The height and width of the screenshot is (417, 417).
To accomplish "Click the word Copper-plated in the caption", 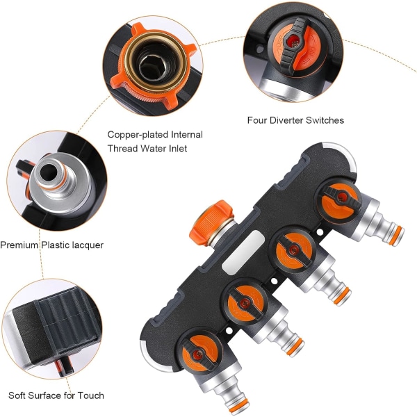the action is (138, 135).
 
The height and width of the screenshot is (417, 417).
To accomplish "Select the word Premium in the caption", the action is (19, 245).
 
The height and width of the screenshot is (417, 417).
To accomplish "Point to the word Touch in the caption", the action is (90, 395).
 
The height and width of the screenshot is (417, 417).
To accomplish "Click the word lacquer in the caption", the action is (88, 245).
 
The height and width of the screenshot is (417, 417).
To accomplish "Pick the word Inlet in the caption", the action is (178, 148).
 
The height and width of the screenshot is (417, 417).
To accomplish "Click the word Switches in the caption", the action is (325, 120).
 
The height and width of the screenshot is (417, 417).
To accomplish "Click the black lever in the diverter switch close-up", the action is (293, 45).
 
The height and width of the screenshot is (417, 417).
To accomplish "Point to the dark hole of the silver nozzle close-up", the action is (48, 172).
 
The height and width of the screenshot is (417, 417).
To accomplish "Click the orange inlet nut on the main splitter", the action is (211, 222).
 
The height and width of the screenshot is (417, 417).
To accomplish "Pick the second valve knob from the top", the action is (293, 250).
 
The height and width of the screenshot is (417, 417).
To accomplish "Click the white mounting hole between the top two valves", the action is (320, 232).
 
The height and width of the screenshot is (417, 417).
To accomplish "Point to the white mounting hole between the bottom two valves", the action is (228, 331).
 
